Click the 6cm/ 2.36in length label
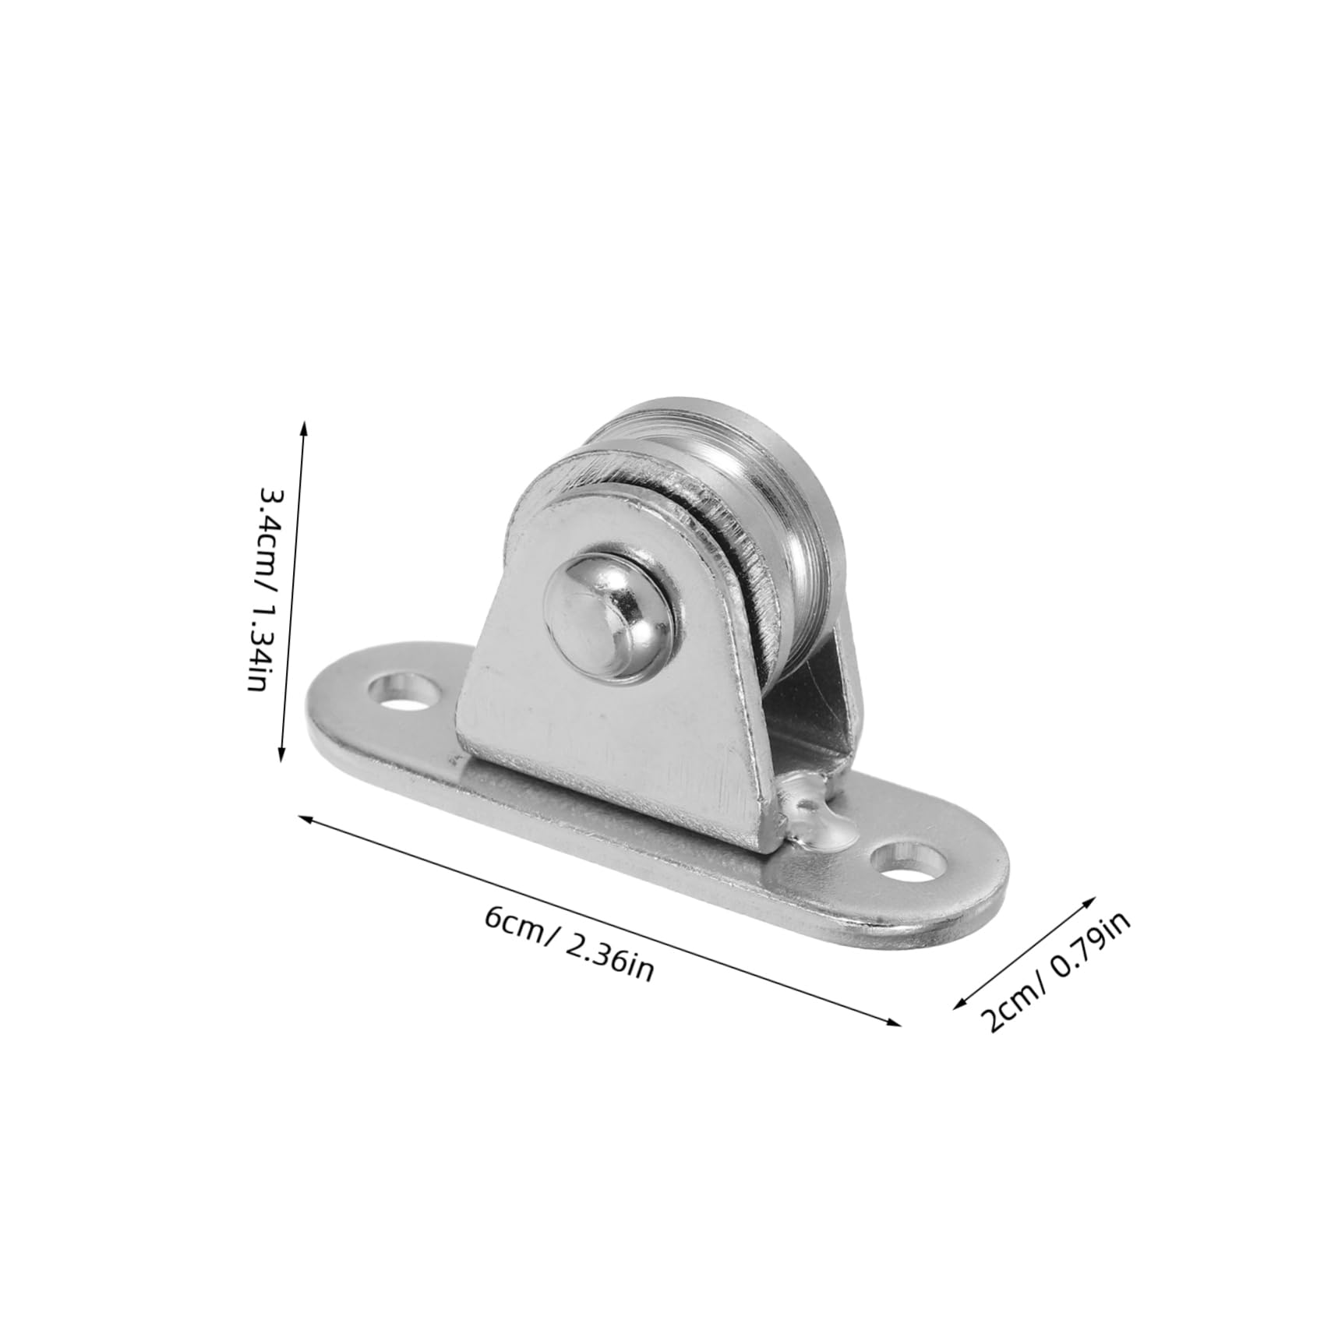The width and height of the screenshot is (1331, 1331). coord(568,944)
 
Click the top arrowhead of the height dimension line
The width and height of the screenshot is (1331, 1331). coord(304,426)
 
